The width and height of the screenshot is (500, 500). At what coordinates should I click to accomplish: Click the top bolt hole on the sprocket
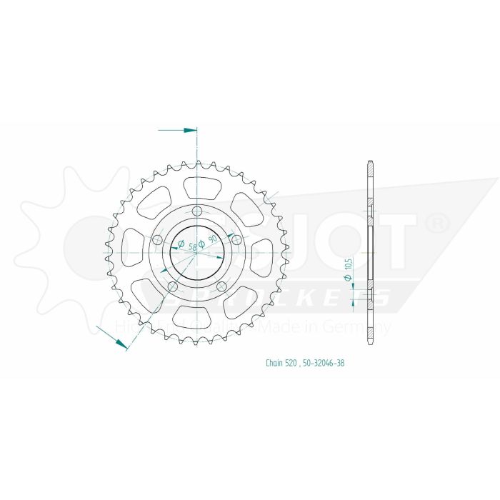[196, 210]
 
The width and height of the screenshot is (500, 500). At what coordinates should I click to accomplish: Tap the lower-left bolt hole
[172, 286]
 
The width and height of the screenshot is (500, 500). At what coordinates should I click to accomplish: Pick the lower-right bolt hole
[221, 286]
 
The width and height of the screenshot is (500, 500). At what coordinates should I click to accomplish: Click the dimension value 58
[183, 245]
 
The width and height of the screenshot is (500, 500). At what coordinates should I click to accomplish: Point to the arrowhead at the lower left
[121, 344]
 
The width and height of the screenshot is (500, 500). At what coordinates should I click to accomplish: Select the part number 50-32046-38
[324, 363]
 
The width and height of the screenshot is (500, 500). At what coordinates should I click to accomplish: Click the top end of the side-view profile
[369, 161]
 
